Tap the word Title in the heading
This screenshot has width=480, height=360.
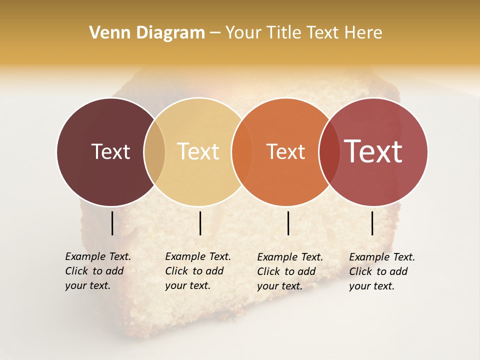284,33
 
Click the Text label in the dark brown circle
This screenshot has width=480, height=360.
110,151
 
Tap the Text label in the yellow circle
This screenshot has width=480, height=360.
198,151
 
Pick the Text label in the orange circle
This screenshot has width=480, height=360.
285,151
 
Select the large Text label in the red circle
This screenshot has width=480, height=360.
373,151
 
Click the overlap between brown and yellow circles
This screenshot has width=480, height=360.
154,151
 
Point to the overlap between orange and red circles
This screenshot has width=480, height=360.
329,151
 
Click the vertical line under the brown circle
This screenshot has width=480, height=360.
112,223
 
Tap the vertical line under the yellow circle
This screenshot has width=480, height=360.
200,223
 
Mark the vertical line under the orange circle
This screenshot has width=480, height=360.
288,223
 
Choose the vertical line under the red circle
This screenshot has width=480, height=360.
372,223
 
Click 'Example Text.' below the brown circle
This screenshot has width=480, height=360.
98,256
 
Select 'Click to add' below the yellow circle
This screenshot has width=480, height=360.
194,271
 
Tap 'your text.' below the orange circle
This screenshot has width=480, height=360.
279,286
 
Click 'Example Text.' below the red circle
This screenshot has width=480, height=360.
382,257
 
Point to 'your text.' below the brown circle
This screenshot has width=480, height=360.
87,285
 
